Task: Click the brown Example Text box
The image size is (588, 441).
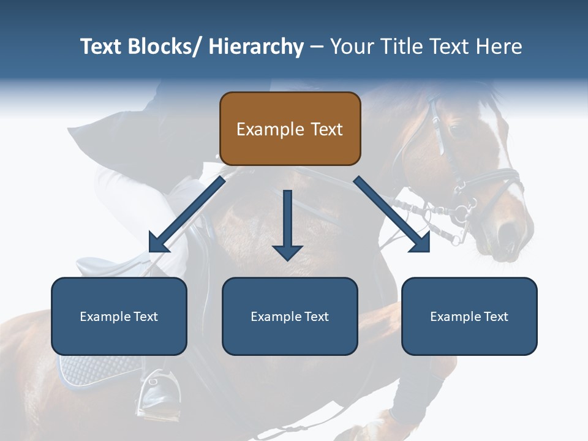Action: pos(290,129)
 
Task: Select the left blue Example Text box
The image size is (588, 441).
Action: pos(119,316)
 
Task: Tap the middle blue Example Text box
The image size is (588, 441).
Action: pos(290,316)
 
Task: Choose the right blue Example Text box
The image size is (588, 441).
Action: pos(469,316)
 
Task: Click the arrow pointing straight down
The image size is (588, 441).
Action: pos(287,227)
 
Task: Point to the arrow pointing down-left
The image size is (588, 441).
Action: pos(184,217)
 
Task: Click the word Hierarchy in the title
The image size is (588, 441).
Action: pos(256,47)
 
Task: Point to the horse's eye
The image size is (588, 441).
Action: pos(454,130)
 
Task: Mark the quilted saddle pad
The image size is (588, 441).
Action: pos(98,371)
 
